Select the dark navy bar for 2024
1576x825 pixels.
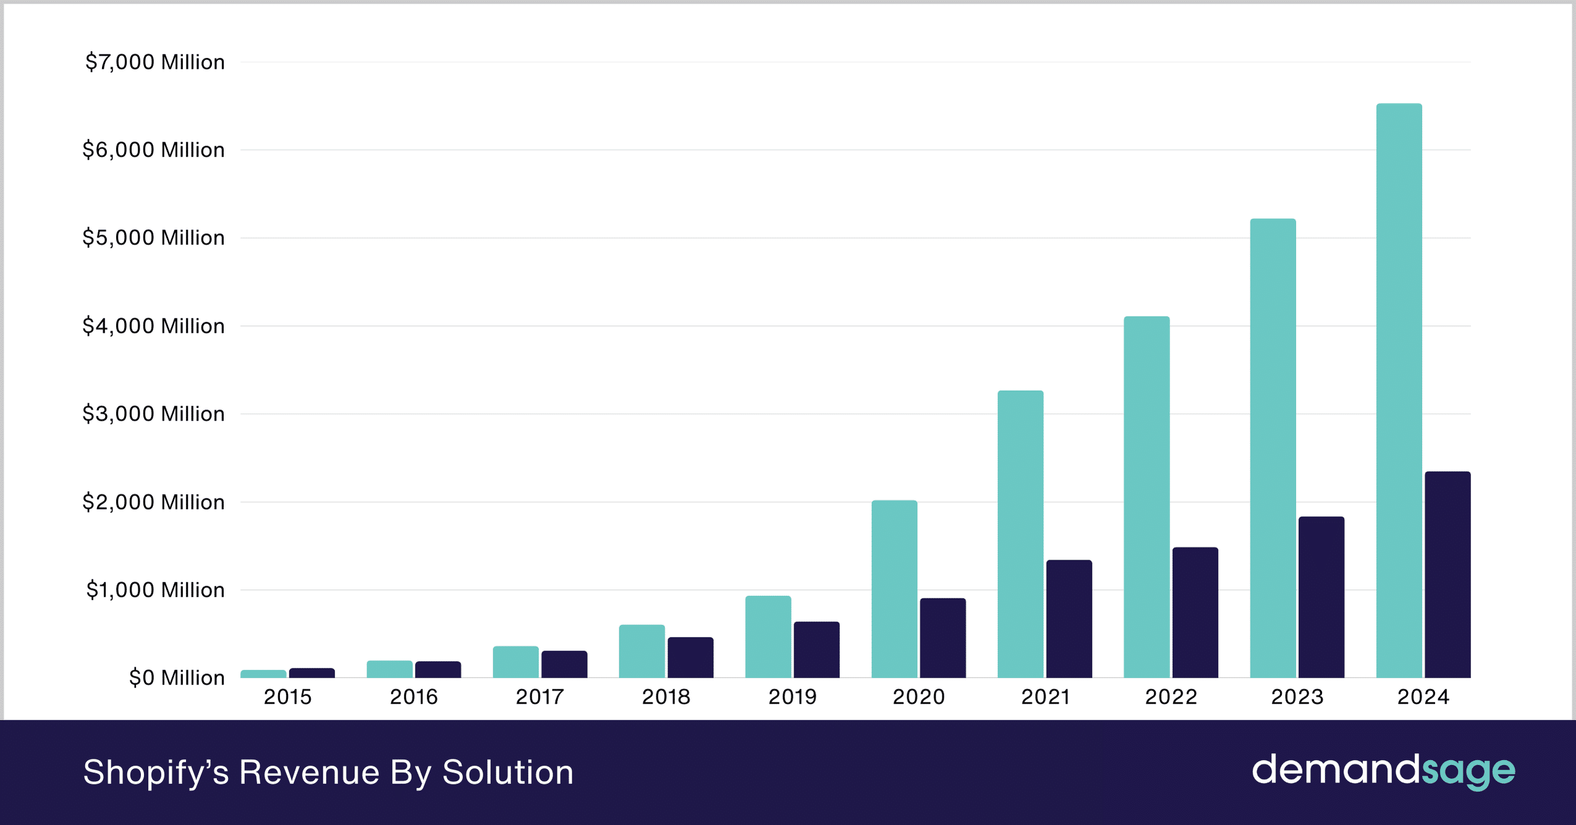click(1447, 575)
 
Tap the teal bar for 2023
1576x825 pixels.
click(1273, 448)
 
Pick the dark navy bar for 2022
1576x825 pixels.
click(1195, 612)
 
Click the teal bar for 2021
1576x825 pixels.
click(1020, 534)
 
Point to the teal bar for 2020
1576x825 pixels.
click(894, 589)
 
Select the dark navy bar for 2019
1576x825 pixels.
click(816, 650)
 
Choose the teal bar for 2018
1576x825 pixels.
click(642, 651)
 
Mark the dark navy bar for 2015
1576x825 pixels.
click(312, 673)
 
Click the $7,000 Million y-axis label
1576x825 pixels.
click(155, 62)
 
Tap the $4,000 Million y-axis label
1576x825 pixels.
click(153, 326)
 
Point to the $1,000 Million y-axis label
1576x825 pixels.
click(155, 590)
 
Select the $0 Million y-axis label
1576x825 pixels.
click(177, 678)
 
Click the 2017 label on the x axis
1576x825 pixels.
click(540, 697)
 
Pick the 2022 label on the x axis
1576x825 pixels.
click(1171, 697)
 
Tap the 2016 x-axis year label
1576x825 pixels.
click(413, 697)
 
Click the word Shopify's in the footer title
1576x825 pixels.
click(156, 772)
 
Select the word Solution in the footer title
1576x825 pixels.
click(508, 772)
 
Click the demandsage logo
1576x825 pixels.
click(1383, 771)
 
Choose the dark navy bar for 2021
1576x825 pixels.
click(1069, 619)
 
